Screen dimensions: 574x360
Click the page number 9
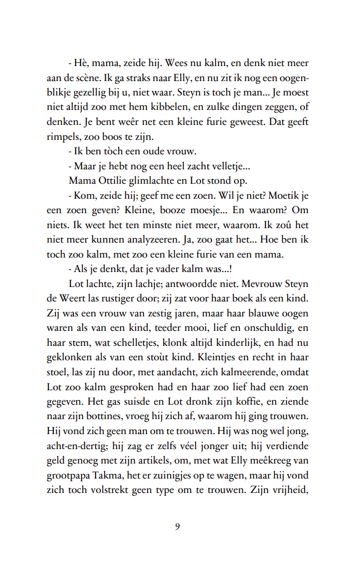177,527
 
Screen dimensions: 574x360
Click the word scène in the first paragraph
90,78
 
